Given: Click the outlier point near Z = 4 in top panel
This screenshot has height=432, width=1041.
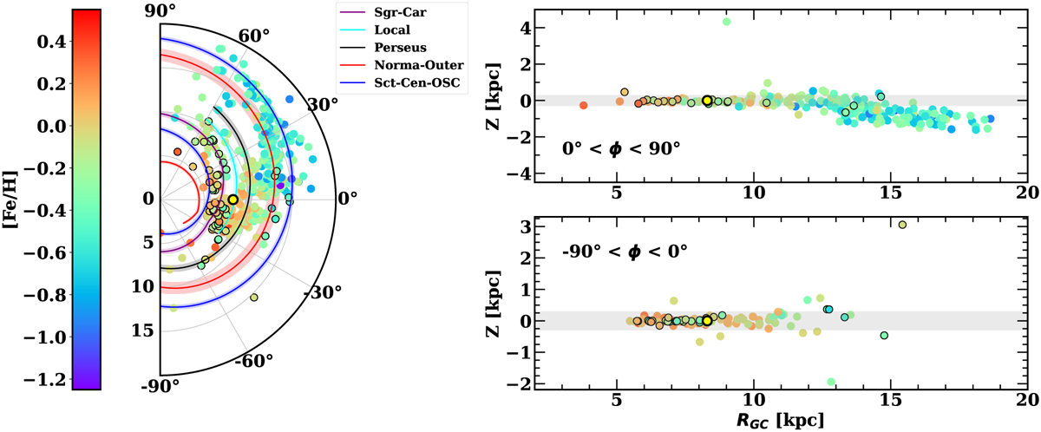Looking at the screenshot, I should pyautogui.click(x=726, y=22).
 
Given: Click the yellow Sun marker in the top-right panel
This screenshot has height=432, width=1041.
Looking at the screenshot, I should pyautogui.click(x=707, y=101).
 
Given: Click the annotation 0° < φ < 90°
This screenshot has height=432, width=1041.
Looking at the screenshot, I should pyautogui.click(x=620, y=147).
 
